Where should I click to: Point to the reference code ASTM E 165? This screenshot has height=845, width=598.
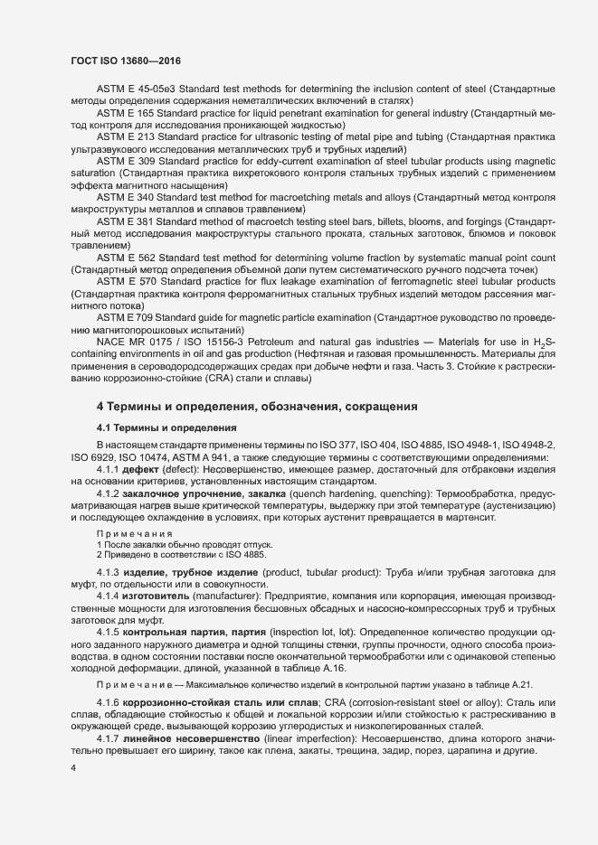pos(122,113)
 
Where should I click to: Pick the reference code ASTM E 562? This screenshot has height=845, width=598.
pos(122,258)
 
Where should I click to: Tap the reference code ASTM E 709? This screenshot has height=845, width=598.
pos(122,317)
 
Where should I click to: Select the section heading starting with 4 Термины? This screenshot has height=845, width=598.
pos(257,408)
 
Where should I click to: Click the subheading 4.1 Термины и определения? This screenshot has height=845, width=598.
pos(166,427)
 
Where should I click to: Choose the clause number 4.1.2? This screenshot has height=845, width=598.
pos(109,496)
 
